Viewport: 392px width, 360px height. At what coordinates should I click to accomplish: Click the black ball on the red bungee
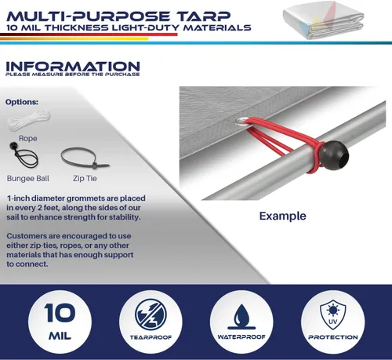(x=334, y=155)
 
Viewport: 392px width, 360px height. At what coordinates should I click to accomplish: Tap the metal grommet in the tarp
(x=241, y=121)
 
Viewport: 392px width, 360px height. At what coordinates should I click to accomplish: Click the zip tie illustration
(x=85, y=158)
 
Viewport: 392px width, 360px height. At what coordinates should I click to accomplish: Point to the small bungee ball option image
(x=24, y=155)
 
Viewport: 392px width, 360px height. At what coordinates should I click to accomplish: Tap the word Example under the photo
(x=282, y=216)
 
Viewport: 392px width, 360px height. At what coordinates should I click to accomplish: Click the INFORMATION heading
(x=73, y=67)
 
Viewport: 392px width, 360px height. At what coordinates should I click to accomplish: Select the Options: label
(x=22, y=102)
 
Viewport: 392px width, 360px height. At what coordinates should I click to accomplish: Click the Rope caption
(x=27, y=138)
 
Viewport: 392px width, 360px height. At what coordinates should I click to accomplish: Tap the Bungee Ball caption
(x=28, y=178)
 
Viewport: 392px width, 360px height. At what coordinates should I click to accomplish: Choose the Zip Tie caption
(x=85, y=179)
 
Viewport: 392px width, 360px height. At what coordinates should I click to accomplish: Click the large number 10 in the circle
(x=60, y=313)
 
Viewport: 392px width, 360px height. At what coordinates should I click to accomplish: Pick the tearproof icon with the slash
(x=151, y=315)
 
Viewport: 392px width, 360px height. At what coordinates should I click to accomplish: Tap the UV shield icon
(x=332, y=315)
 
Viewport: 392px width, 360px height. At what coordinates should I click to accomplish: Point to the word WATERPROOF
(x=241, y=337)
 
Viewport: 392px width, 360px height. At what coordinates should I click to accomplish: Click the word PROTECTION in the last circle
(x=333, y=337)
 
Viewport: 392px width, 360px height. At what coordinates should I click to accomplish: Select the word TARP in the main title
(x=203, y=16)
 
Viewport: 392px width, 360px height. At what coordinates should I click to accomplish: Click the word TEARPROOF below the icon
(x=151, y=337)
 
